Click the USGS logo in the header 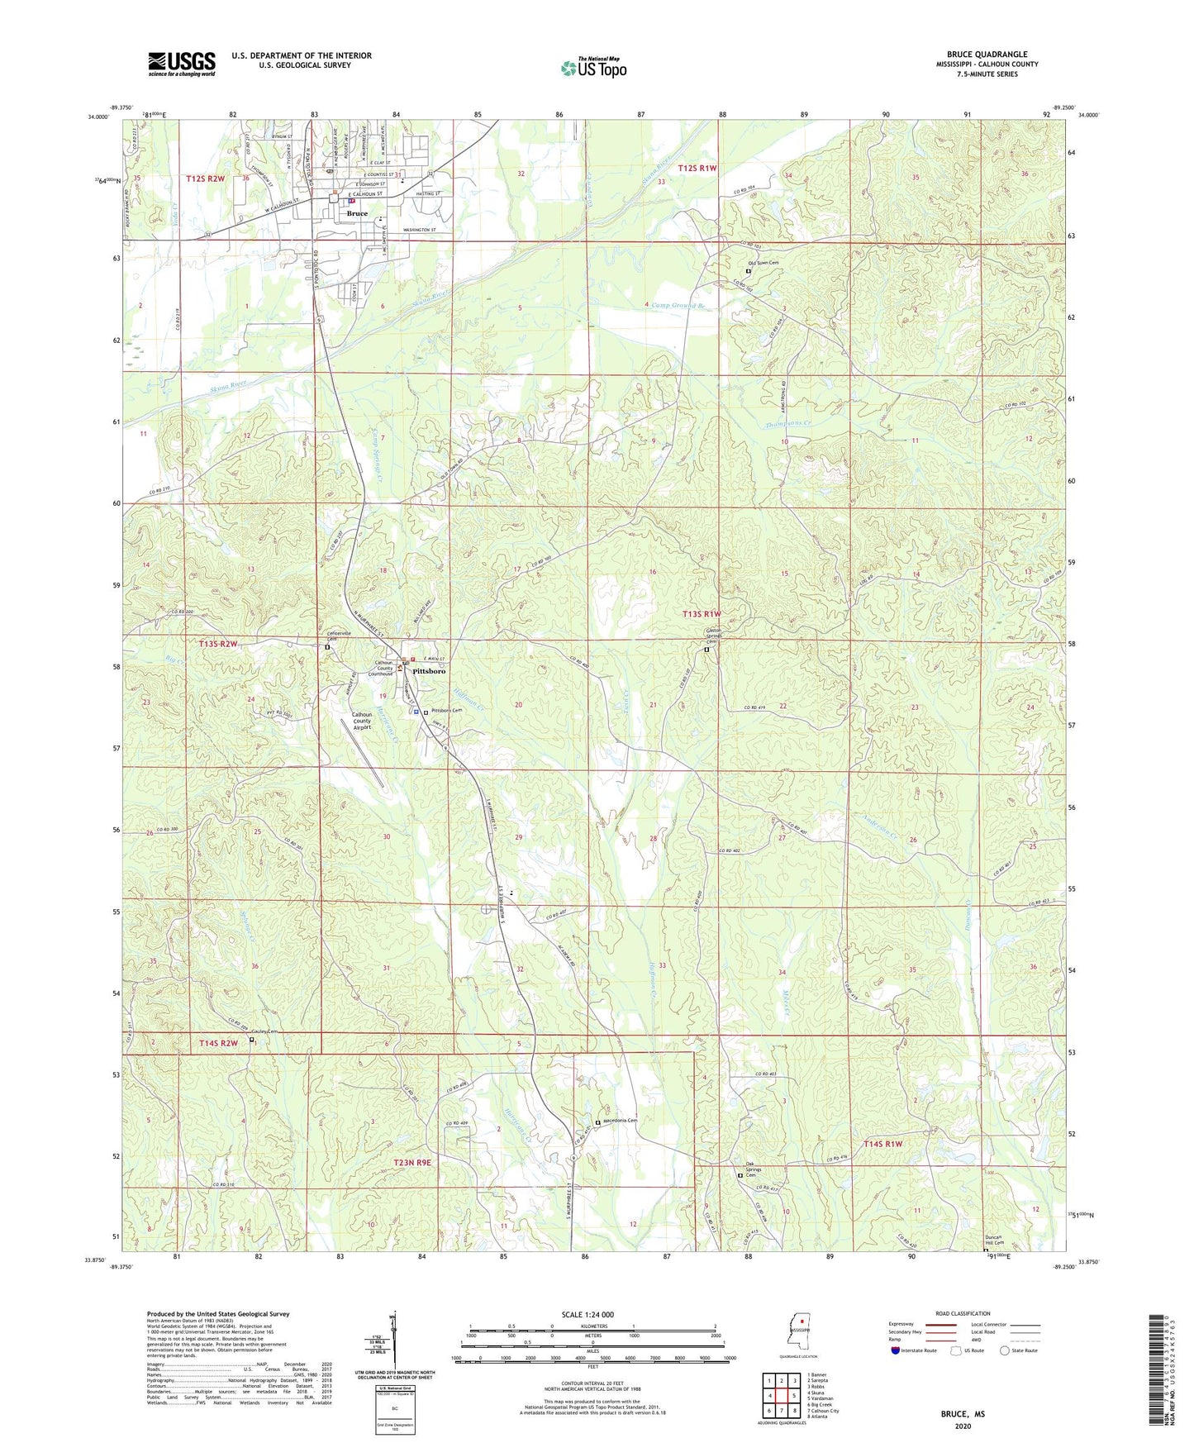point(182,64)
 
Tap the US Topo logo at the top point(593,69)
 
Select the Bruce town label point(357,213)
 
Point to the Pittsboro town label point(429,671)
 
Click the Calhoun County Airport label point(362,721)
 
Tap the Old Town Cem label point(763,263)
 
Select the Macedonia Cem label point(621,1122)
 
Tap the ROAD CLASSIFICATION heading point(963,1313)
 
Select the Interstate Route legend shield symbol point(896,1351)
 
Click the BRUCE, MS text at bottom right point(963,1414)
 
